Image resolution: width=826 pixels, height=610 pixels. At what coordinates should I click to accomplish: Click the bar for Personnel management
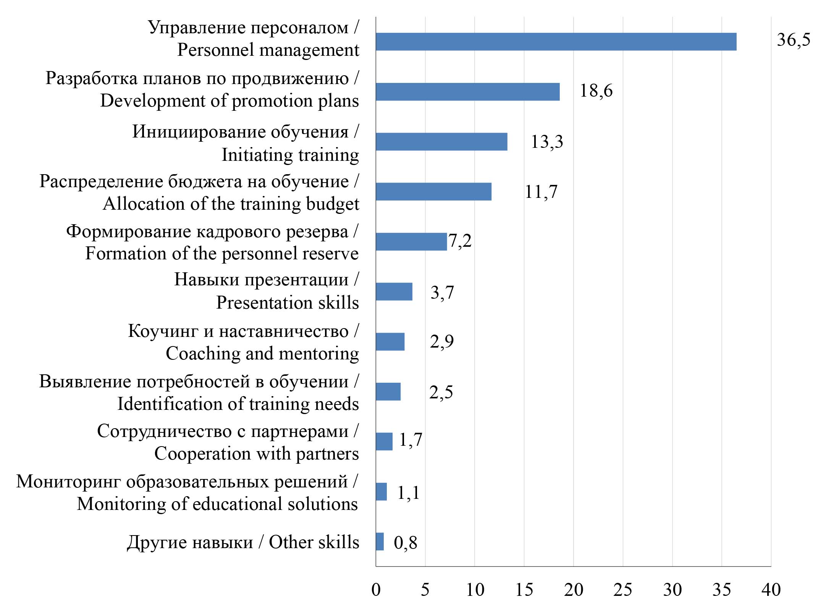tap(556, 42)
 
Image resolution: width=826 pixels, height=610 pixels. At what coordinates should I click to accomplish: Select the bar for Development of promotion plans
tap(467, 92)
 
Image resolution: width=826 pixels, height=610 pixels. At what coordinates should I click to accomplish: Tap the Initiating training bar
tap(441, 142)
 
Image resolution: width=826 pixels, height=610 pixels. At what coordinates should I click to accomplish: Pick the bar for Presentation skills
tap(394, 291)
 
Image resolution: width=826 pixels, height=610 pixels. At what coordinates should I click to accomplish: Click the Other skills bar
tap(380, 541)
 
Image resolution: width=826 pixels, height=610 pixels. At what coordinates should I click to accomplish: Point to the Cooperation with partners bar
tap(384, 442)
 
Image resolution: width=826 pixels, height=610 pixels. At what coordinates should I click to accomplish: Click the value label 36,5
tap(793, 40)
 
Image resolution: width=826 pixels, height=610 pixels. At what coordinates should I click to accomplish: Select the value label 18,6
tap(596, 91)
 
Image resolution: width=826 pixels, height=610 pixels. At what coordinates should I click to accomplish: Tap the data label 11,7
tap(541, 192)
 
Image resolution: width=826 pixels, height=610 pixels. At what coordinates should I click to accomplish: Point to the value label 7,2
tap(460, 241)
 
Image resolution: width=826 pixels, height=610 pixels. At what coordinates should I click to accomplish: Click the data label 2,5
tap(441, 392)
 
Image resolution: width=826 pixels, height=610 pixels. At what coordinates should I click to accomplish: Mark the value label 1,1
tap(408, 492)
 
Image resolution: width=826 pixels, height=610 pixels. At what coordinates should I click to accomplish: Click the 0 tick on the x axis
tap(376, 590)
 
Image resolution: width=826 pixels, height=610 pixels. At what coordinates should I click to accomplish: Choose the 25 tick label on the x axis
tap(622, 590)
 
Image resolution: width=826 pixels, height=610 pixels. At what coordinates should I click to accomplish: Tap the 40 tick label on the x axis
tap(771, 590)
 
